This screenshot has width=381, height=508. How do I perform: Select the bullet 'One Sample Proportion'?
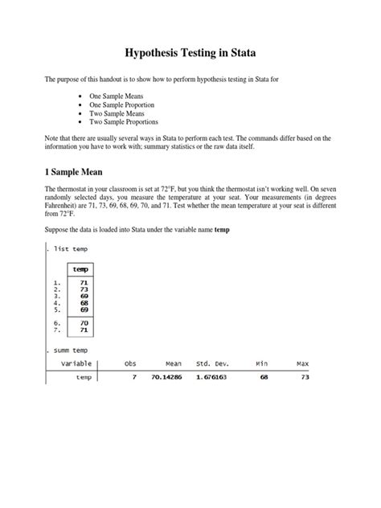(x=134, y=104)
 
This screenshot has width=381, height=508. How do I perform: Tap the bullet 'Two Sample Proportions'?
(x=136, y=123)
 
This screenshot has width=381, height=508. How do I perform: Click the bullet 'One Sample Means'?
(x=127, y=96)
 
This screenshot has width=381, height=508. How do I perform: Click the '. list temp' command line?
(x=68, y=249)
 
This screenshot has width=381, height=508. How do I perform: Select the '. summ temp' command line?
(x=68, y=350)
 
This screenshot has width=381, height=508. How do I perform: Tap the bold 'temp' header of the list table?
(x=80, y=269)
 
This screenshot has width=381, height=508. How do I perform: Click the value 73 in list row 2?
(x=84, y=289)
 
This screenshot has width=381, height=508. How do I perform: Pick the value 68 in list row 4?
(x=84, y=303)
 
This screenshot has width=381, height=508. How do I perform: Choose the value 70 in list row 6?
(x=84, y=322)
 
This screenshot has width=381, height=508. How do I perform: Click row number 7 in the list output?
(x=56, y=330)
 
